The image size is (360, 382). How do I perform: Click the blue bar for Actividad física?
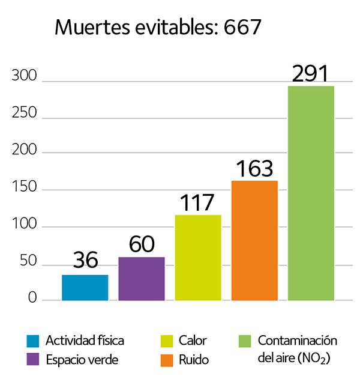[85, 287]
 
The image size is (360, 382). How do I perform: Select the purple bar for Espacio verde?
[142, 278]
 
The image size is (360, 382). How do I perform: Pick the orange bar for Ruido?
[254, 240]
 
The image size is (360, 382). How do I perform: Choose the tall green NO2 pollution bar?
[311, 192]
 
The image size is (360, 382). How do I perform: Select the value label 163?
[254, 169]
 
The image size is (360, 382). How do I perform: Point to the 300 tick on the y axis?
[24, 77]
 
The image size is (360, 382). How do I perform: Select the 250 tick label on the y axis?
[24, 114]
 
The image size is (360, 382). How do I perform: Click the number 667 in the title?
[242, 26]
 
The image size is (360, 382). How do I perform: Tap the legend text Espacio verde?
[82, 360]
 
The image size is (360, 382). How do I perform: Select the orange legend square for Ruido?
[166, 360]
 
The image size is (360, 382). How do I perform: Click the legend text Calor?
[193, 341]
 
